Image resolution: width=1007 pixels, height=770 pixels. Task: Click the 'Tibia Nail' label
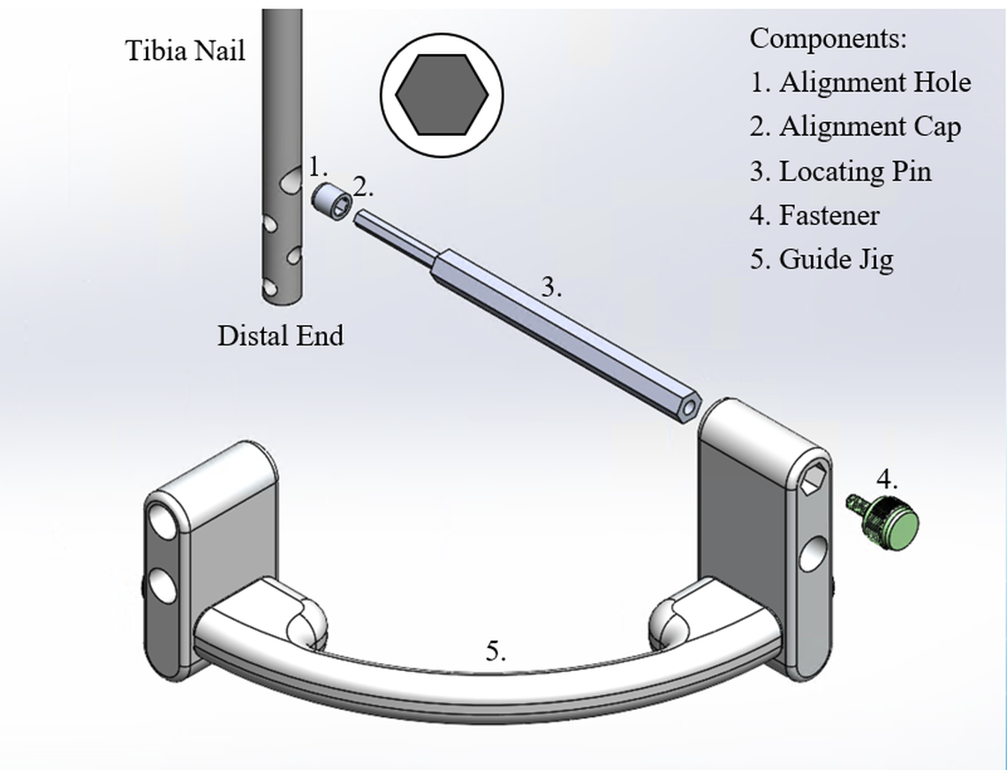tap(185, 50)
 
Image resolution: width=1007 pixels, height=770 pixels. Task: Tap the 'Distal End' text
tap(280, 336)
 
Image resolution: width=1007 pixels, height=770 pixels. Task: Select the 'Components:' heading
tap(829, 38)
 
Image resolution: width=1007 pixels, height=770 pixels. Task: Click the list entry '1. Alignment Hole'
tap(860, 82)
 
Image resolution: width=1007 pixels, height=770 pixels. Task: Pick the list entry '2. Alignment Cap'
tap(855, 127)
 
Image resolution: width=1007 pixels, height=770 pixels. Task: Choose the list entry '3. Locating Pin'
tap(841, 171)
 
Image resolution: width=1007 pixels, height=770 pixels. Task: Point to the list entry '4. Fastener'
tap(814, 215)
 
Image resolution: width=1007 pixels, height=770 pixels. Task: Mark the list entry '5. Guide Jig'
tap(821, 260)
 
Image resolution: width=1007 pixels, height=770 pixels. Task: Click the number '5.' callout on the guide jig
tap(496, 652)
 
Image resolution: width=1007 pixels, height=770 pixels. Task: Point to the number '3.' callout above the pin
tap(551, 287)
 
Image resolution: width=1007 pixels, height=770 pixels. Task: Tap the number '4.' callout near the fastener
tap(887, 480)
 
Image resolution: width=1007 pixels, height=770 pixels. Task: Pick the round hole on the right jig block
tap(813, 555)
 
